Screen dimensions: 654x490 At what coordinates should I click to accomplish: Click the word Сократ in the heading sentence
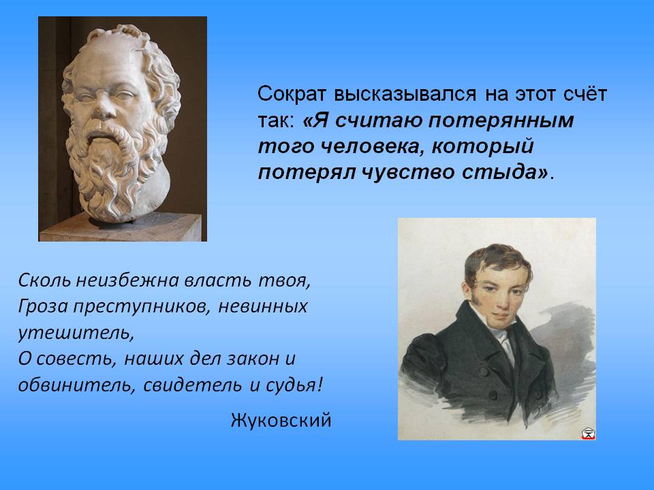point(291,94)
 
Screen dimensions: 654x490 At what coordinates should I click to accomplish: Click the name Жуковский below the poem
point(281,420)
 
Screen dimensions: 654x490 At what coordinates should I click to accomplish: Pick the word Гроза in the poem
point(43,307)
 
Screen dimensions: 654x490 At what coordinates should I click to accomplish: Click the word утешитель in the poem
point(76,333)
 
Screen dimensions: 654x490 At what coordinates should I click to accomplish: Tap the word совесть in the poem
point(76,359)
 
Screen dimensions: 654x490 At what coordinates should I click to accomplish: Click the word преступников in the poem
point(142,307)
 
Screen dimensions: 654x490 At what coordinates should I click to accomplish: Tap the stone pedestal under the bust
point(122,228)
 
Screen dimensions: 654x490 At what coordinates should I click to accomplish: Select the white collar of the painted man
point(501,333)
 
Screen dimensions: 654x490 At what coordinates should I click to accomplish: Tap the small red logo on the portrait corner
point(588,434)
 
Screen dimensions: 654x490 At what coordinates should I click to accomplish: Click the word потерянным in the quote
point(501,120)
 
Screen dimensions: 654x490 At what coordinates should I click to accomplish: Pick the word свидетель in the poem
point(192,385)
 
